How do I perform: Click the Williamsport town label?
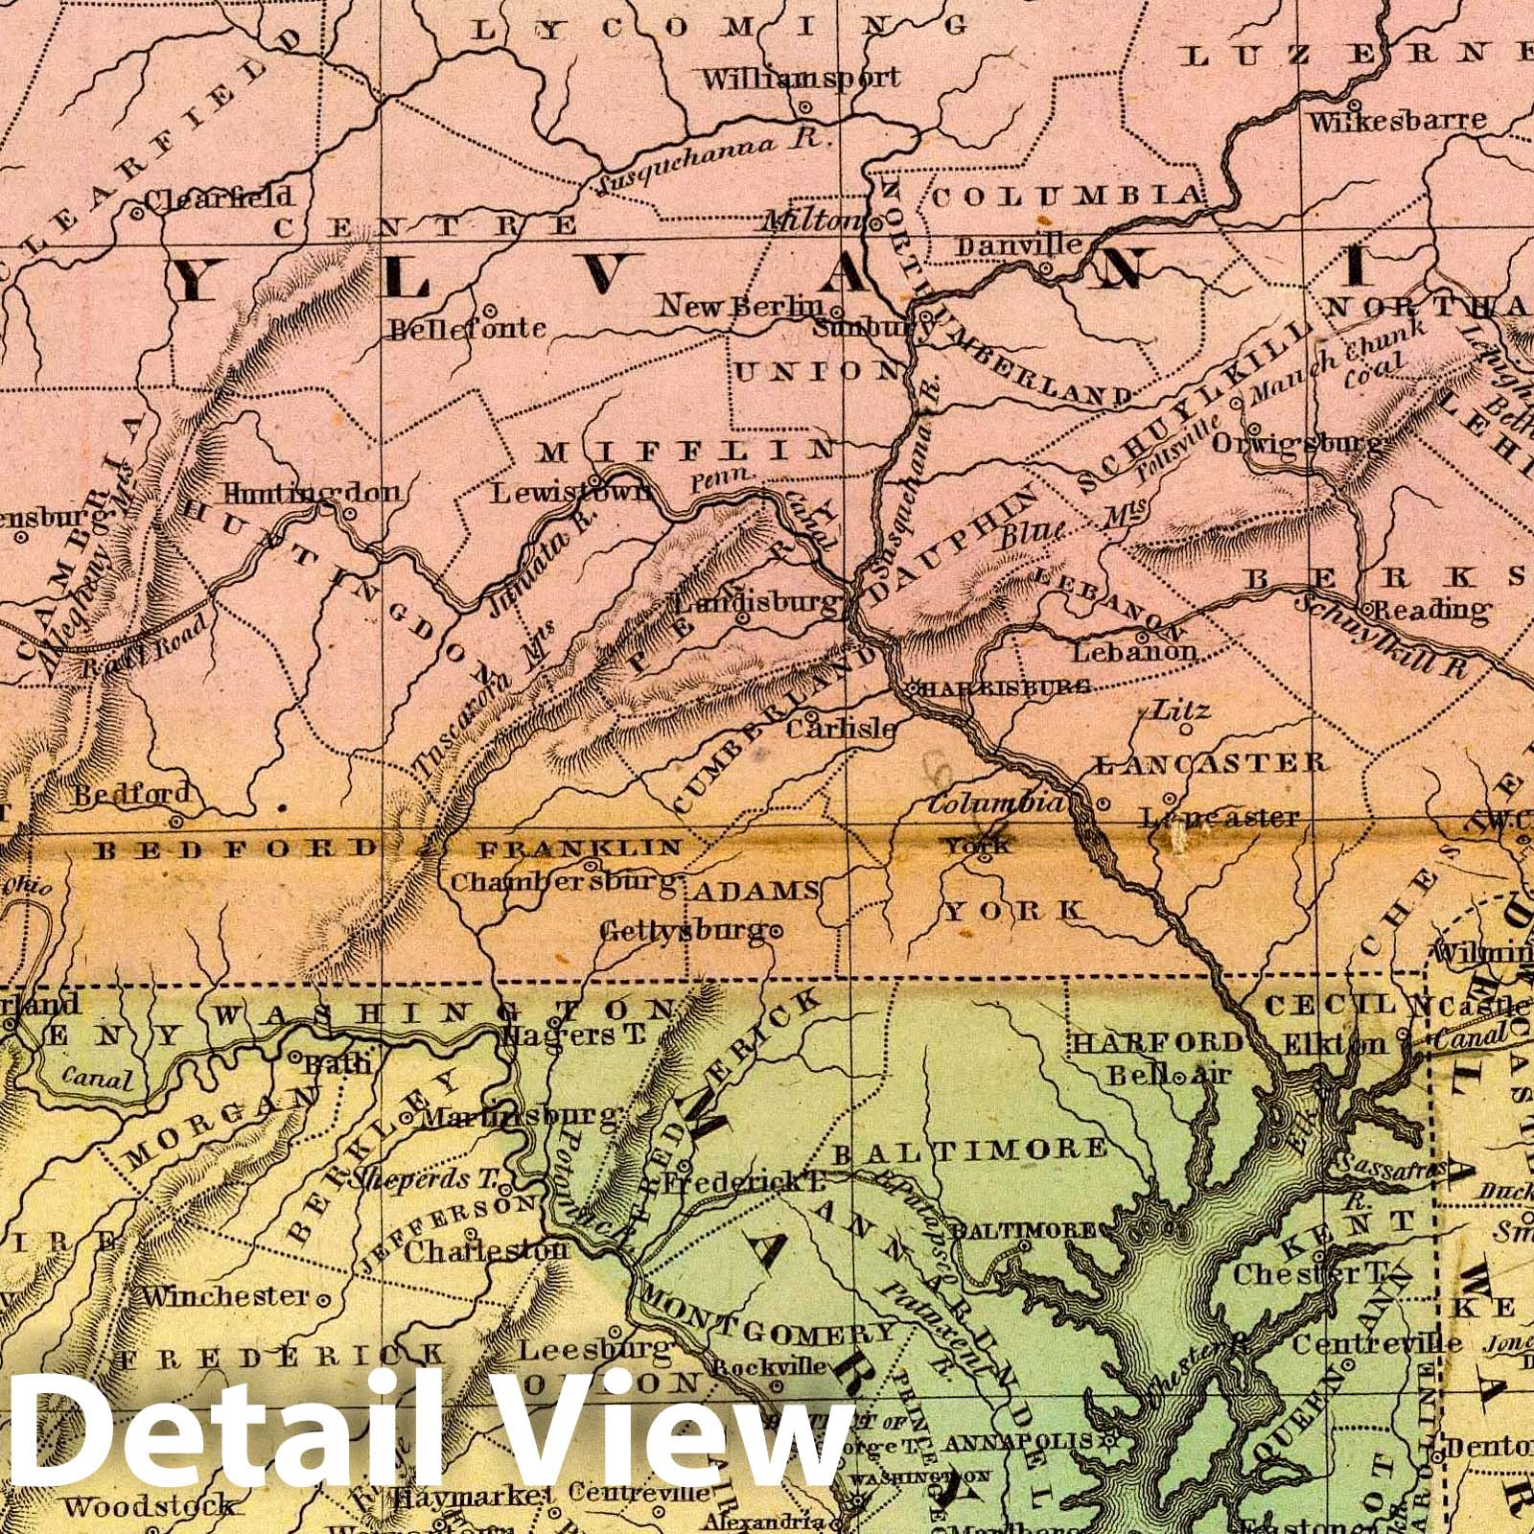coord(802,78)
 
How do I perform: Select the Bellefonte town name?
coord(466,330)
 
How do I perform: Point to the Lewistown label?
coord(571,493)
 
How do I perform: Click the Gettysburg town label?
coord(684,930)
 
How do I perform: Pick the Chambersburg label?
coord(564,881)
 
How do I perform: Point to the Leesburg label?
coord(593,1349)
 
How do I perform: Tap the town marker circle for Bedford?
coord(176,822)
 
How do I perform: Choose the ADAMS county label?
coord(755,892)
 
